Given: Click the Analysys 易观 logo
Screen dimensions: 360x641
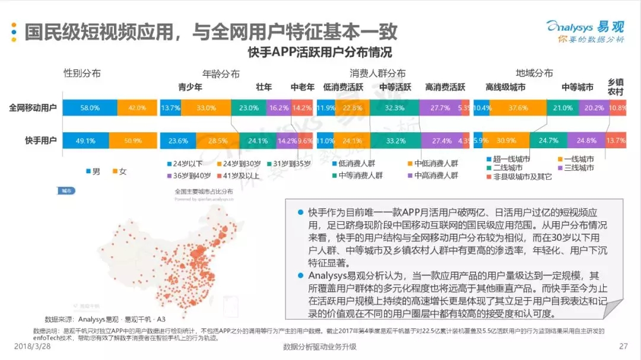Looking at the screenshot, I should [585, 31].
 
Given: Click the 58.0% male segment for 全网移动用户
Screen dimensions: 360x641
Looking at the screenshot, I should [90, 108].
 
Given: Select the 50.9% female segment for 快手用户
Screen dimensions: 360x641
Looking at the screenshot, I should [134, 141].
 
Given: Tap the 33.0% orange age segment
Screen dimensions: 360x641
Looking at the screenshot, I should [206, 108].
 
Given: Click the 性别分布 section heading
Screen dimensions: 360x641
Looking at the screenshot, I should [82, 74].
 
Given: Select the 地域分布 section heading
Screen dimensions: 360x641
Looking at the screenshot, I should [534, 74].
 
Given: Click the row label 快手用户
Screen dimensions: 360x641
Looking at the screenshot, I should [40, 141].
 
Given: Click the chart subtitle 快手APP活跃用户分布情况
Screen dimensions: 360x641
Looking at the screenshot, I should [320, 52].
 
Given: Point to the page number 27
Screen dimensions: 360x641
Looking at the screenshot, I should [623, 346].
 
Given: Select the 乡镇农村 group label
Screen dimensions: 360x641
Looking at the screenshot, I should [615, 87].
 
